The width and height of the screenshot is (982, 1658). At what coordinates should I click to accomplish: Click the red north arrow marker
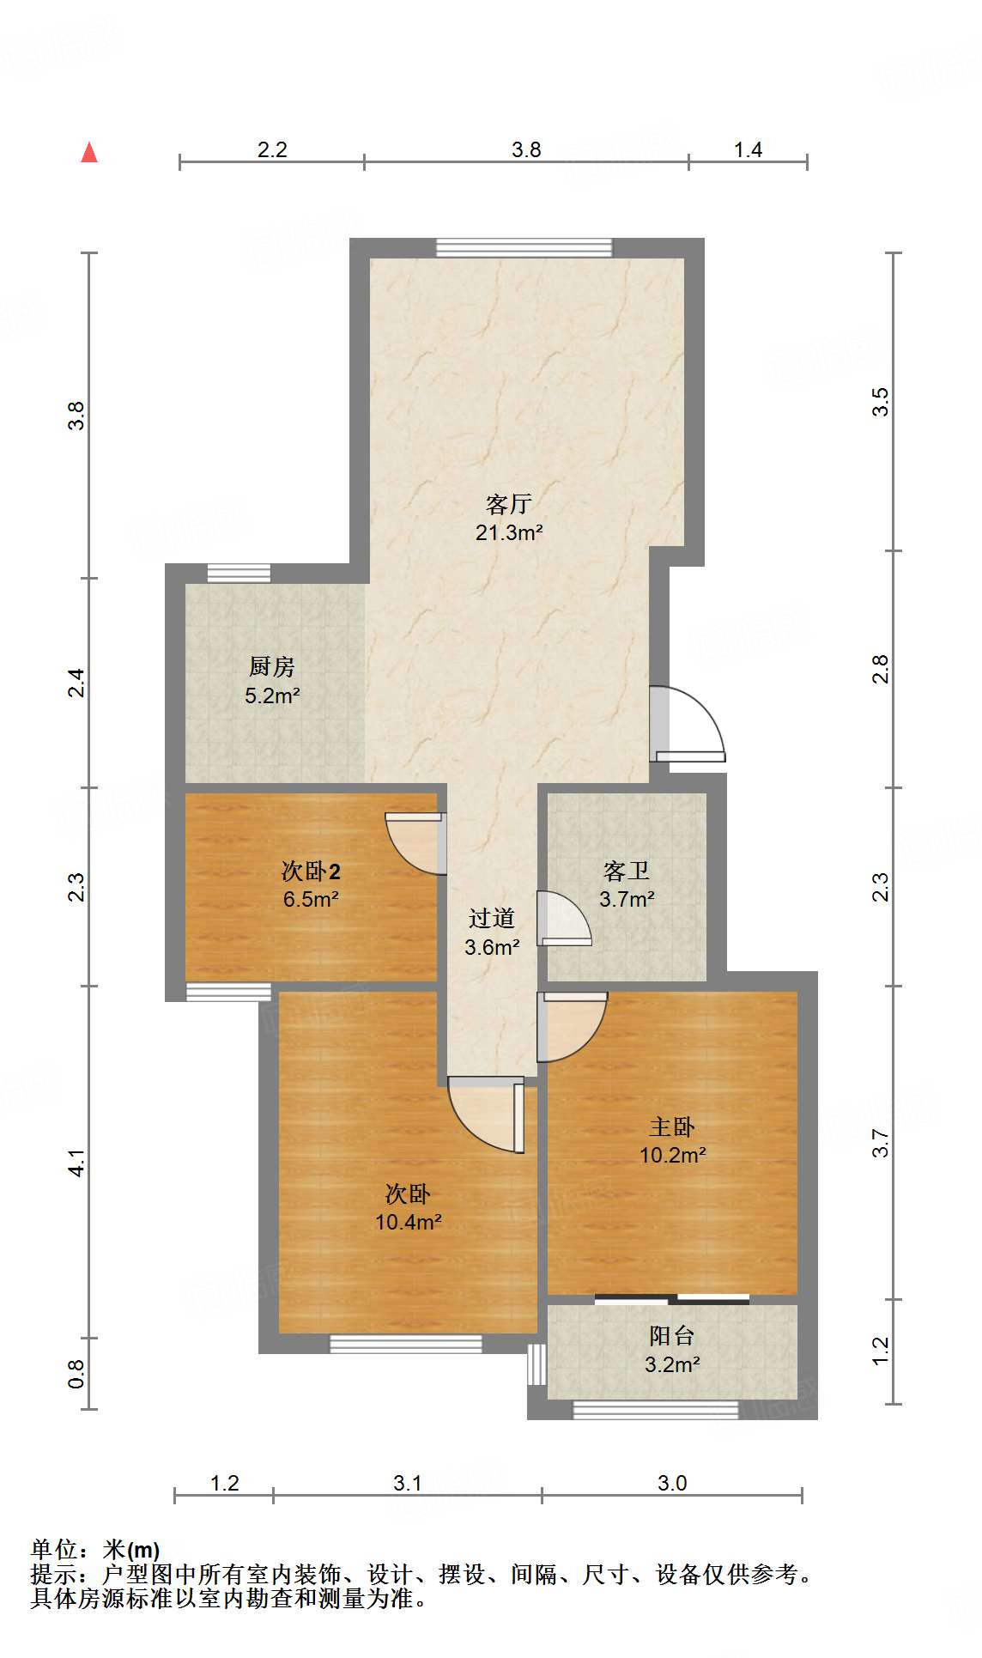coord(89,152)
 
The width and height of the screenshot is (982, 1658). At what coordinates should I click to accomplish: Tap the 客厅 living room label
coord(509,504)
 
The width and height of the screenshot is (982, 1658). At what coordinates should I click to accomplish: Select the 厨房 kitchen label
coord(272,666)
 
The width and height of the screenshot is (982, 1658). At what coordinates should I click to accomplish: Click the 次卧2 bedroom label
coord(311,872)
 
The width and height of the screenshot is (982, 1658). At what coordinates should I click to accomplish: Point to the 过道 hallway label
coord(492,919)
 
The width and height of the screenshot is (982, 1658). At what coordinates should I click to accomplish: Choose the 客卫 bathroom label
coord(627,872)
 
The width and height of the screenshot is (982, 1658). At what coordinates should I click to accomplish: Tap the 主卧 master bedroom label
coord(672,1127)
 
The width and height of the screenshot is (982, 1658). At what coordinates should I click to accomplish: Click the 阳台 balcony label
coord(672,1336)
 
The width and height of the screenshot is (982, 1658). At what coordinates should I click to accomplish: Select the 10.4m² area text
coord(409,1222)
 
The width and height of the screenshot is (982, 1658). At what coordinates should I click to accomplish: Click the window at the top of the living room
coord(524,248)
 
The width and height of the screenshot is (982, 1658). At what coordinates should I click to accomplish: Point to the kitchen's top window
coord(239,574)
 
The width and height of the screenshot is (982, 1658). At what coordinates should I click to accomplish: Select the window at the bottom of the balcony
coord(656,1410)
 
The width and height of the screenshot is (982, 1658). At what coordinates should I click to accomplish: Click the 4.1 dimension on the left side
coord(77,1162)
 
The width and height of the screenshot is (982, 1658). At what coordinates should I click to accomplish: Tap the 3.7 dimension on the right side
coord(881,1143)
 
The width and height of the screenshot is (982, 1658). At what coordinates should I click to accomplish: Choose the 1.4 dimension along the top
coord(748,150)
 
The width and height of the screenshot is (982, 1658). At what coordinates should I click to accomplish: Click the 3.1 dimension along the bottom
coord(408,1483)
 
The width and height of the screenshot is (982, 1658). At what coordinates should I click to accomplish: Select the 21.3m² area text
coord(509,532)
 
